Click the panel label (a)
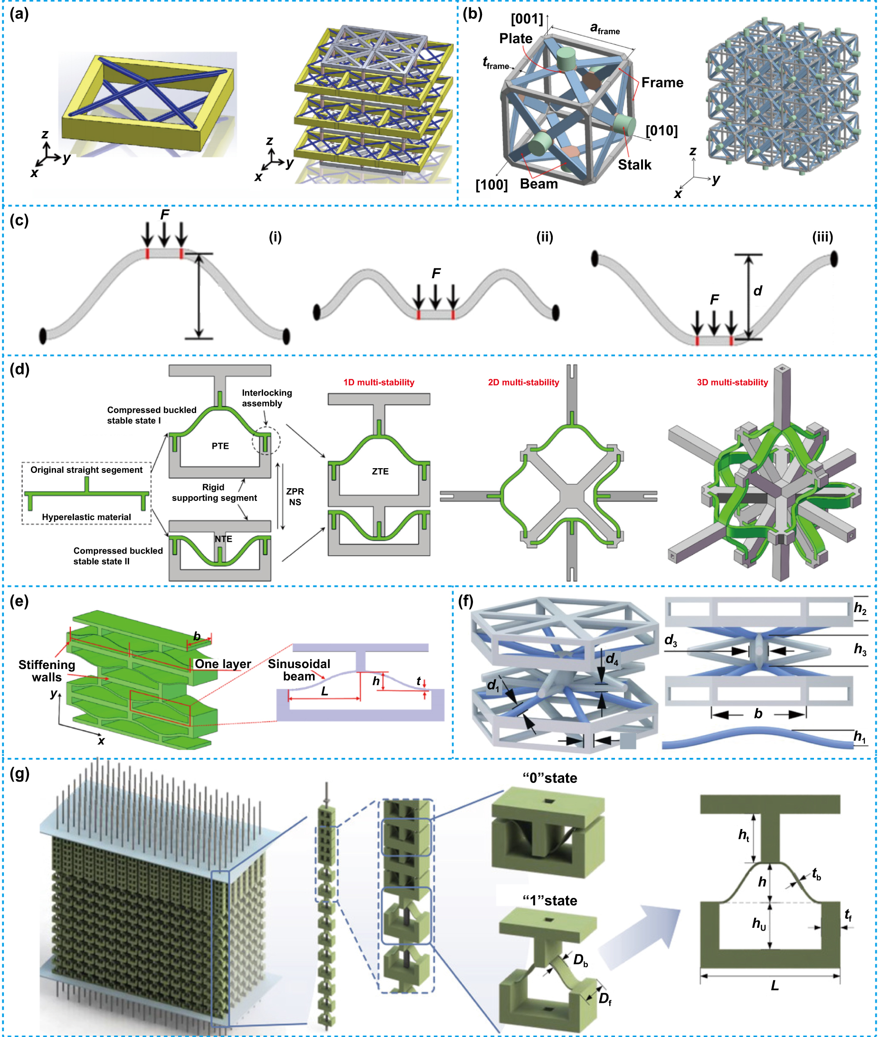[19, 14]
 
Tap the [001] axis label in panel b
[526, 19]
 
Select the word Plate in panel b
[515, 38]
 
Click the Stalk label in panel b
[634, 164]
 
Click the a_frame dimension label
[604, 28]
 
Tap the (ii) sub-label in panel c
[544, 237]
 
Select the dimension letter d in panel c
[757, 291]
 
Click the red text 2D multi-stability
[523, 382]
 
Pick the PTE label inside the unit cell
[220, 445]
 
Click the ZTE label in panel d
[380, 471]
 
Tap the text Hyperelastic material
[86, 517]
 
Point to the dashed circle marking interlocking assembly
[266, 441]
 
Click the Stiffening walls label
[47, 671]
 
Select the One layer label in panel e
[222, 664]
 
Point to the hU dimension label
[758, 924]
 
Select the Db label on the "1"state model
[580, 960]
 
